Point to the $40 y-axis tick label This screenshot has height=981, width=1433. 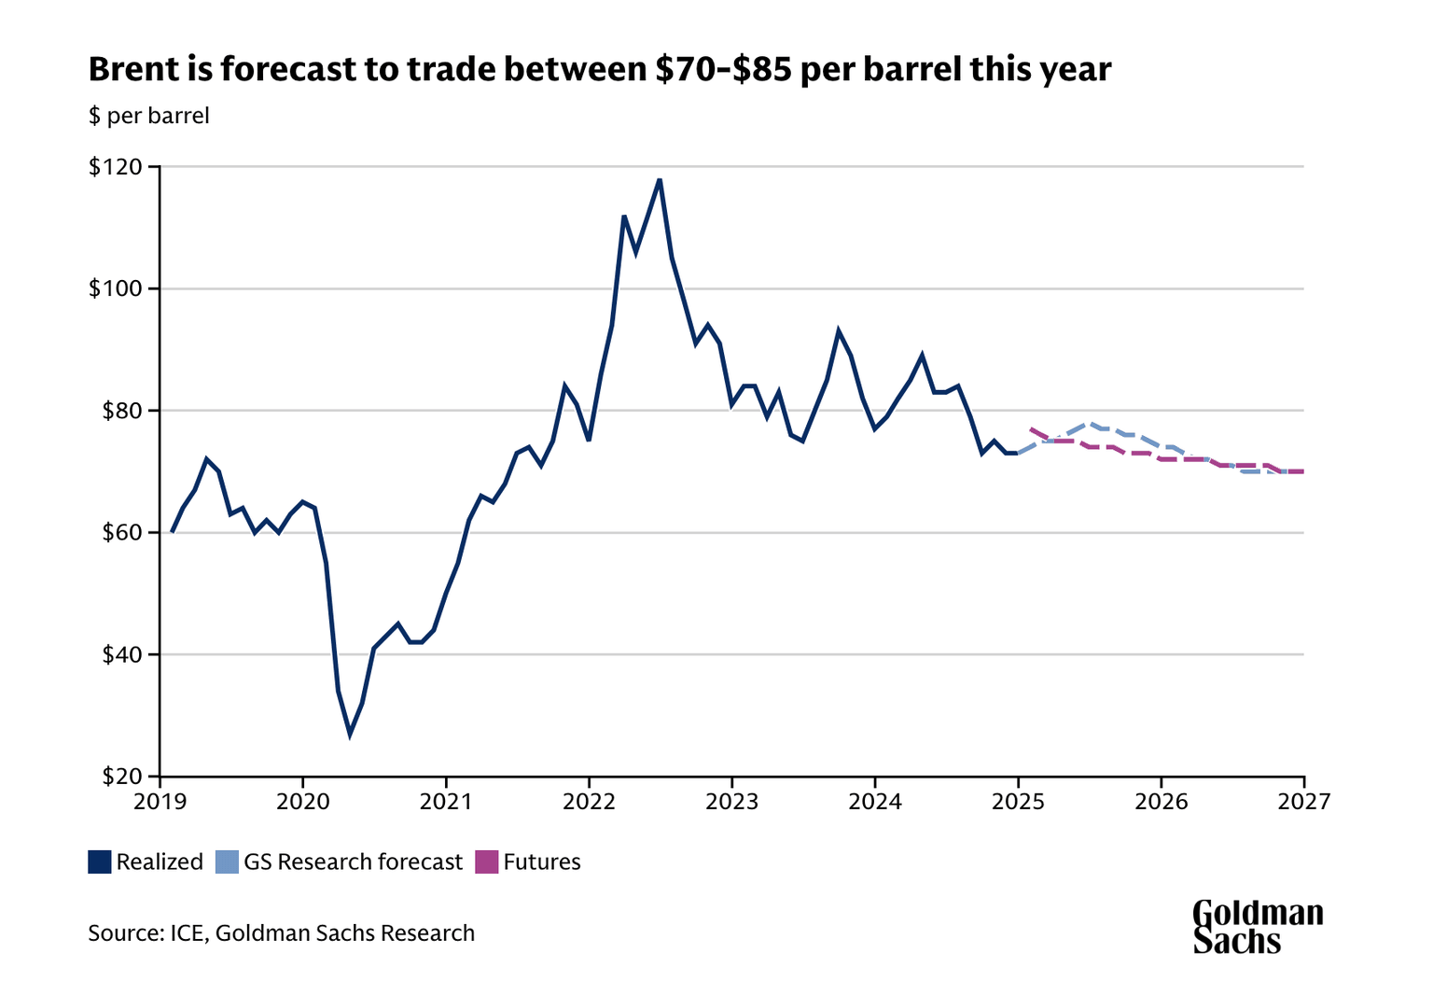click(x=119, y=654)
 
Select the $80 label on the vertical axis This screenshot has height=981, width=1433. click(x=119, y=411)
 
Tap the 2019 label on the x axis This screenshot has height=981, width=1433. click(x=160, y=802)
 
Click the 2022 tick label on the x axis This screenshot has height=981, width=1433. click(x=589, y=802)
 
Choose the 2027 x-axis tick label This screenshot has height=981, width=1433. click(x=1303, y=802)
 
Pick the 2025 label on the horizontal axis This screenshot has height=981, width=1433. click(x=1018, y=802)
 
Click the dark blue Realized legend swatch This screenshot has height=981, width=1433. click(x=100, y=862)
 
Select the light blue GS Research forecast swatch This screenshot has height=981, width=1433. click(x=227, y=862)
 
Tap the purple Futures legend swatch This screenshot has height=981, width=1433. click(x=487, y=862)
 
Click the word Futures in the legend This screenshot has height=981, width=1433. click(x=542, y=862)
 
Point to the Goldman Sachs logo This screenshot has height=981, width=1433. click(x=1258, y=926)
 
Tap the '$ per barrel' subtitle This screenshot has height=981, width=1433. click(x=148, y=116)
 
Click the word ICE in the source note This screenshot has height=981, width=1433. click(x=186, y=932)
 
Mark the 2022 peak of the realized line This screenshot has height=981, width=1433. click(x=660, y=179)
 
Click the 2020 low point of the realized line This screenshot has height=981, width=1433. click(x=350, y=734)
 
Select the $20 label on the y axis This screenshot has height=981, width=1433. click(x=119, y=777)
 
